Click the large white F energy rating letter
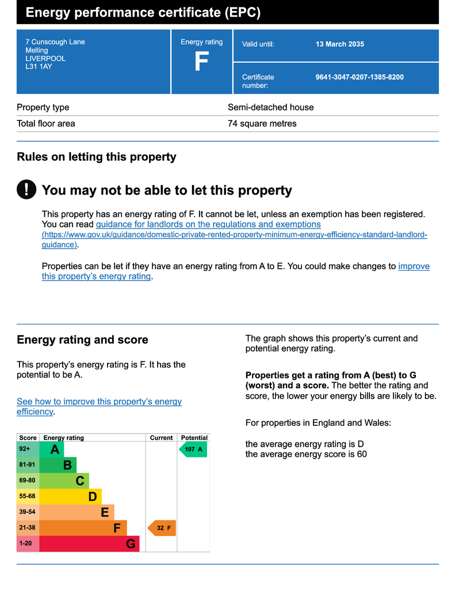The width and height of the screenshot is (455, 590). coord(202,61)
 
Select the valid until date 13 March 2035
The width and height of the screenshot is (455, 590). coord(339,44)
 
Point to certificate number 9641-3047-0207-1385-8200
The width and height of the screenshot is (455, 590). coord(360,77)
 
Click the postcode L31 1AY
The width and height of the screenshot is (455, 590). coord(39,67)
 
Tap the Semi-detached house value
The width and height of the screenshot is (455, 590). coord(270,107)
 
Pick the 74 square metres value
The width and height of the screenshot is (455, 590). coord(262,123)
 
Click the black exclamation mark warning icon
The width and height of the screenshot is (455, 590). coord(26,189)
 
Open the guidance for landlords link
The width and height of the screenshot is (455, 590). coord(208,224)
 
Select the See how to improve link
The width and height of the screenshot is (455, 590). coord(99,406)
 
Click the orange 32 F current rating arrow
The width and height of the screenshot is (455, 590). coord(162,528)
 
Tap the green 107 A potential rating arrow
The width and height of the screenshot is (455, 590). coord(193,449)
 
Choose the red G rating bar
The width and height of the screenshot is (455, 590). coord(89,544)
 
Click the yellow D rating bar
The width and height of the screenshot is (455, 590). coord(70,497)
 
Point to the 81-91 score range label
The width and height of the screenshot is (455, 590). coord(27,465)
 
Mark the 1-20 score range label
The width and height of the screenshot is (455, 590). coord(25,543)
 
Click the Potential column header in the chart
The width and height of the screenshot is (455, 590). coord(194,438)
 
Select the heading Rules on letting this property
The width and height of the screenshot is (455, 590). coord(97,157)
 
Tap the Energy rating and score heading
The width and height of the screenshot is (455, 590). coord(83,340)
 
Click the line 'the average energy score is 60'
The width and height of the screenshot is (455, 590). coord(306,454)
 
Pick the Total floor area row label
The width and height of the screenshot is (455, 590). coord(46,123)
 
